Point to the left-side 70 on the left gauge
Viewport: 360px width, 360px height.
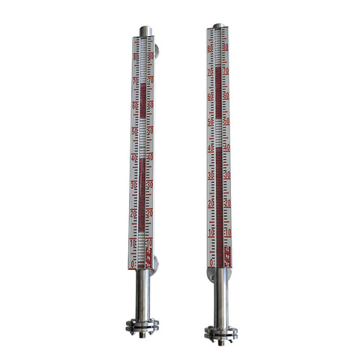click(x=135, y=80)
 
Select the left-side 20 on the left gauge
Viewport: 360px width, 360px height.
click(x=133, y=214)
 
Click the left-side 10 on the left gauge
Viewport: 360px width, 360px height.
click(x=133, y=244)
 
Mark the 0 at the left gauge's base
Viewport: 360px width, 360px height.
click(x=133, y=264)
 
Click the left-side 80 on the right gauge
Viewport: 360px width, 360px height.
click(x=211, y=49)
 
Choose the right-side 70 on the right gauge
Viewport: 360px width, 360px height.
click(x=226, y=71)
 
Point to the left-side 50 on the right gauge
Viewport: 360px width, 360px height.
click(x=211, y=121)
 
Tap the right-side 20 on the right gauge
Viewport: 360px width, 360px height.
click(x=226, y=204)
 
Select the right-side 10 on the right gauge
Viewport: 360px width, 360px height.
click(x=227, y=233)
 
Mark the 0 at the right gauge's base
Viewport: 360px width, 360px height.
click(x=211, y=262)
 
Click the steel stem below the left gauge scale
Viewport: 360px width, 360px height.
click(x=142, y=296)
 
